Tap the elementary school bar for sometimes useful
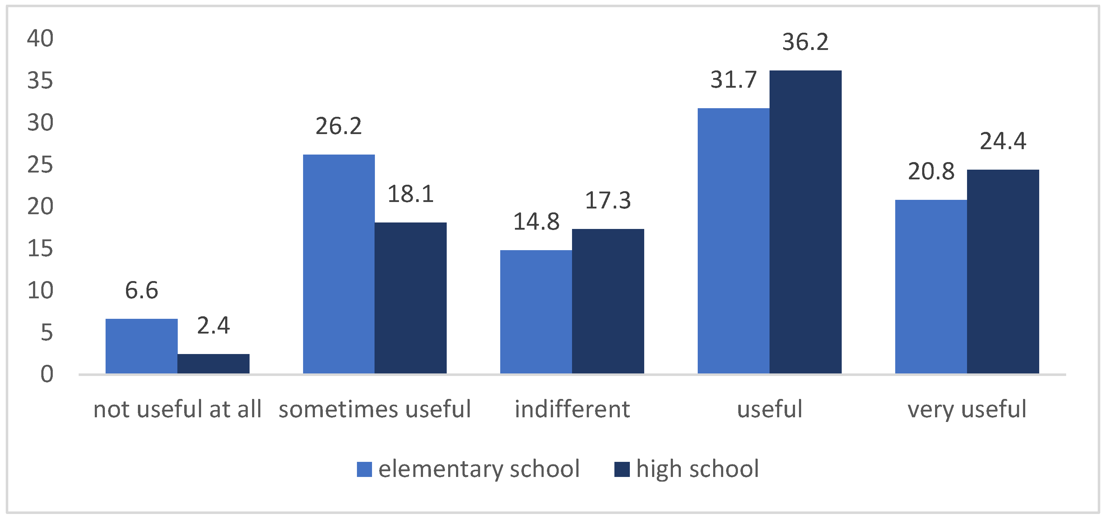(339, 264)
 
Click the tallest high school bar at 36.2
(805, 222)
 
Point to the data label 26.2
(339, 126)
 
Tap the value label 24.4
(1003, 141)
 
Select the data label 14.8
(536, 222)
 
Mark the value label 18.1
(410, 194)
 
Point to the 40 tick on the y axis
(40, 39)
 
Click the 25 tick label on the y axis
(40, 165)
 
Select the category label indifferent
(572, 409)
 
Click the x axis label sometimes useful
(375, 409)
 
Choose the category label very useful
(967, 409)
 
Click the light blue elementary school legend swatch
(364, 469)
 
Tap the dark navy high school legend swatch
(622, 469)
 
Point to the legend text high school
(697, 469)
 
